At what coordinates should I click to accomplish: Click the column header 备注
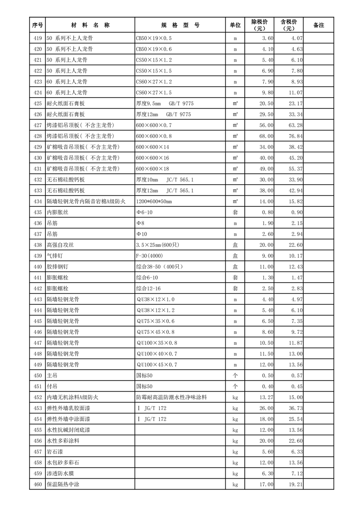coord(319,25)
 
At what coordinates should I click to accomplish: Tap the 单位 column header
coord(235,25)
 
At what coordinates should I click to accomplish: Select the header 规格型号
coord(180,25)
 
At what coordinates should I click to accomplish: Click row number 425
coord(38,104)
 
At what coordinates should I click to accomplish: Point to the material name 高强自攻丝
coord(60,245)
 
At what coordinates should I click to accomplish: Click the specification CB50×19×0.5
coord(154,39)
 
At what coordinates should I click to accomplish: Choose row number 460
coord(38,484)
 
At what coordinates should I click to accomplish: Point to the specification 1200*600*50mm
coord(154,201)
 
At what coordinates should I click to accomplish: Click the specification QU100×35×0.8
coord(157,343)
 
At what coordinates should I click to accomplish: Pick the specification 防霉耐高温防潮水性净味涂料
coord(171,397)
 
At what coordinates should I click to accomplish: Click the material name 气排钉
coord(57,256)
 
